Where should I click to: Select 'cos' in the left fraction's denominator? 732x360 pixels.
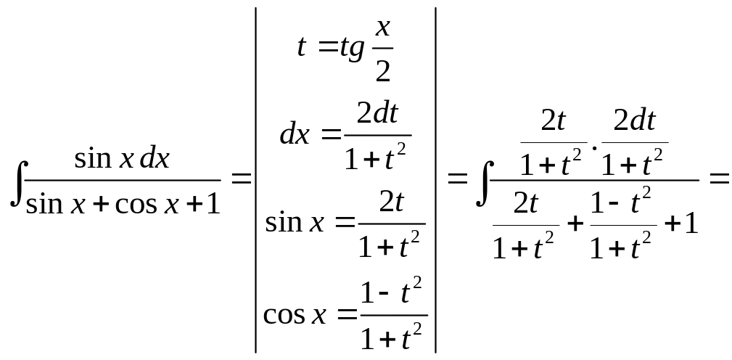(x=138, y=205)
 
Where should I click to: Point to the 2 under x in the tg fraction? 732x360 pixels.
(x=383, y=70)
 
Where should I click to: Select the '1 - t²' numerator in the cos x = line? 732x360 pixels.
(x=392, y=293)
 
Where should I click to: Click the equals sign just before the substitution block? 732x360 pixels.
(x=240, y=179)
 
